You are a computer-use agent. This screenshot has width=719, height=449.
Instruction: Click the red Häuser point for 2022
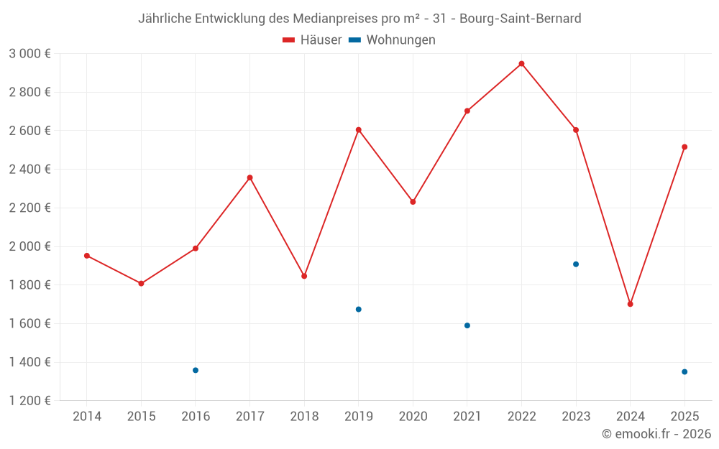(522, 64)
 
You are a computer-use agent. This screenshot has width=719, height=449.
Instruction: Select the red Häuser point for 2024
(631, 304)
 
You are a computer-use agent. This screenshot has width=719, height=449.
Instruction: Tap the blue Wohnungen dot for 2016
(196, 370)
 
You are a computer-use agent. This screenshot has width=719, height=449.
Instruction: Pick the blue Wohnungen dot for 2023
(576, 264)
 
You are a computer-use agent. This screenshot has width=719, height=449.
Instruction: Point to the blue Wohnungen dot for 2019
(359, 310)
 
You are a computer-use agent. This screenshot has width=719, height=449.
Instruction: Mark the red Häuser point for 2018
(304, 276)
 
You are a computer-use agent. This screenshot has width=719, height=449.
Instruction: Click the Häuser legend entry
(313, 40)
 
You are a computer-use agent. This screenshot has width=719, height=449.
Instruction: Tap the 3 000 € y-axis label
(29, 54)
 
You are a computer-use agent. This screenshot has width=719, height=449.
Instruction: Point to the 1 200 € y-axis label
(29, 401)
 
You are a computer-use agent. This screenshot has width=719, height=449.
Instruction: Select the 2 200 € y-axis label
(29, 208)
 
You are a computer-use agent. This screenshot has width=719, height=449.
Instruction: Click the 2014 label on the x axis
(87, 417)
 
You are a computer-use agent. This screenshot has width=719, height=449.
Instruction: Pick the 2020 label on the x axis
(413, 417)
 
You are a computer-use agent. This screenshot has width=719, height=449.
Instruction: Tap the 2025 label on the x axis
(684, 417)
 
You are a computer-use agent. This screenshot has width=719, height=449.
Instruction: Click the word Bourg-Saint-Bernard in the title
(520, 19)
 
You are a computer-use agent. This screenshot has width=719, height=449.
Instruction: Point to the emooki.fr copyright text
(656, 434)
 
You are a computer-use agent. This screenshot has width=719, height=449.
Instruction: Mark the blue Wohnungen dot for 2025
(684, 372)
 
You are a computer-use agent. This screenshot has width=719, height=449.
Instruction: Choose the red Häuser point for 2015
(142, 284)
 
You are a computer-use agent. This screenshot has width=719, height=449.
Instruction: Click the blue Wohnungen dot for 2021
(467, 325)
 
